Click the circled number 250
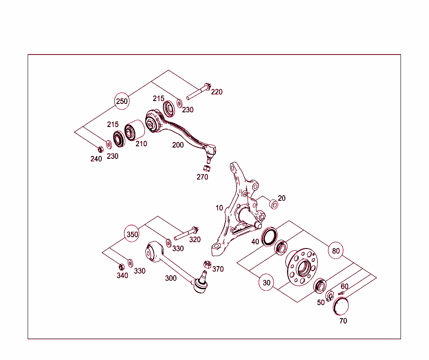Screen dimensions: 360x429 click(122, 101)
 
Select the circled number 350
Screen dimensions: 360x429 click(132, 234)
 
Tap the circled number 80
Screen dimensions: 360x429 click(336, 251)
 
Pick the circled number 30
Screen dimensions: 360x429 click(267, 283)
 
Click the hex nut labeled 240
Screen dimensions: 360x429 click(100, 149)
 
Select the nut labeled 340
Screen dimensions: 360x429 click(121, 266)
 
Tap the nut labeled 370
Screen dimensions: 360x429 click(206, 264)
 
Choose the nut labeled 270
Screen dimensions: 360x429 click(206, 168)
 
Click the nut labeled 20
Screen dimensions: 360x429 click(273, 205)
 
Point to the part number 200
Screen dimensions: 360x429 click(178, 145)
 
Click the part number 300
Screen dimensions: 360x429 click(171, 278)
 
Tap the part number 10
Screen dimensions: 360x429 click(220, 208)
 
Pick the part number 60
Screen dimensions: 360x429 click(344, 286)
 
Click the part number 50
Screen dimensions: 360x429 click(321, 303)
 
